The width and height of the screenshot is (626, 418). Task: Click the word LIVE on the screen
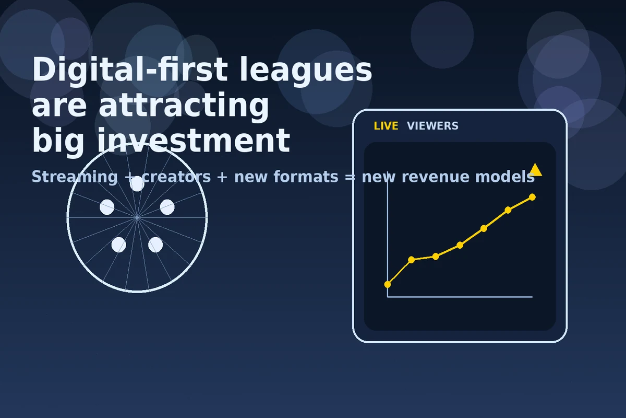[386, 126]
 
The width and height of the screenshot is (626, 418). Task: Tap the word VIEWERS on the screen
[432, 126]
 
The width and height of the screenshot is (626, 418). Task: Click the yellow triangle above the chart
[535, 170]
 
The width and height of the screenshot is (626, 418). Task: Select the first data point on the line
[388, 284]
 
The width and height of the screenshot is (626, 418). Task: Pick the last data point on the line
[532, 197]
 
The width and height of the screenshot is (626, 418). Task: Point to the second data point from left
[412, 260]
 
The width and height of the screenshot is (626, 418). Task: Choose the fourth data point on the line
[460, 245]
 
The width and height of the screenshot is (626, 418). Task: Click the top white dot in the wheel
[137, 183]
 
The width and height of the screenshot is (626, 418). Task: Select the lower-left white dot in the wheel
[119, 245]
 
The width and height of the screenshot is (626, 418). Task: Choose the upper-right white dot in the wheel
[167, 207]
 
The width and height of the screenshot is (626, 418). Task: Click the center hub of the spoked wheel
[137, 217]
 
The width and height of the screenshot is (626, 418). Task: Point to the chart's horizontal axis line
[459, 297]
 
